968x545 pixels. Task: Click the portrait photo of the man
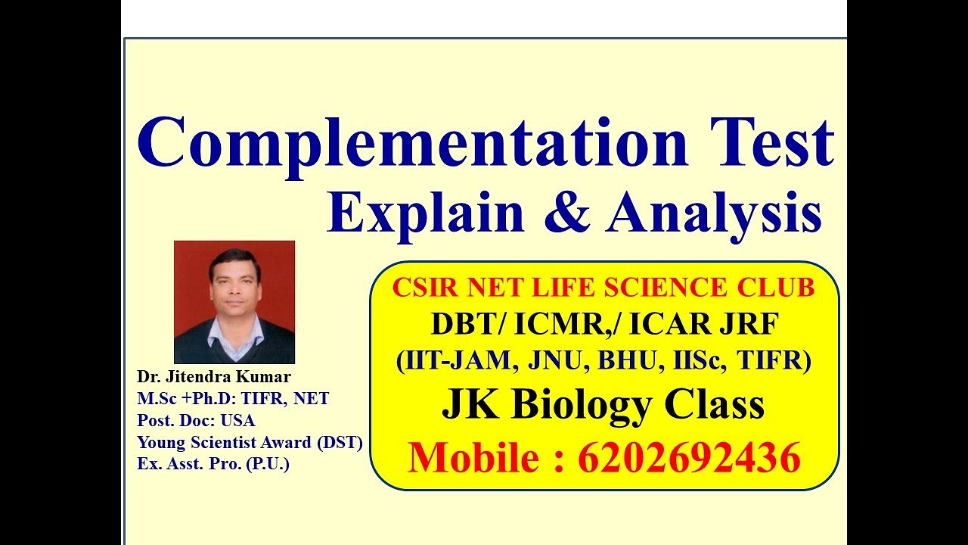point(234,302)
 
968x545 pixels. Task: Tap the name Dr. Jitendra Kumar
point(214,377)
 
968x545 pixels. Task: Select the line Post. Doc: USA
point(196,420)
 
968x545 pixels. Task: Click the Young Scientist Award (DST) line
point(250,442)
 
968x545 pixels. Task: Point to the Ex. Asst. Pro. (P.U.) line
point(213,464)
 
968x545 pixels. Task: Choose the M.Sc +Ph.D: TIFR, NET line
point(233,398)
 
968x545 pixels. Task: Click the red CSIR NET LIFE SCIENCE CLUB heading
point(603,288)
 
